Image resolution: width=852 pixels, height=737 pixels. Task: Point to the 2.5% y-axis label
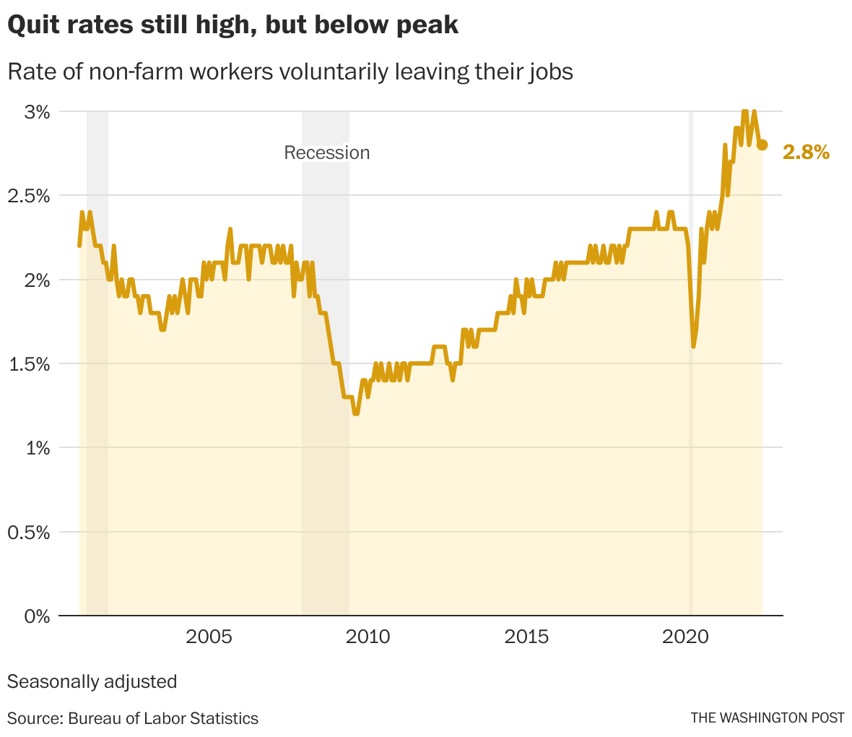pyautogui.click(x=27, y=196)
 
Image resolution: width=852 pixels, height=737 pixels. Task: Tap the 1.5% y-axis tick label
pyautogui.click(x=27, y=364)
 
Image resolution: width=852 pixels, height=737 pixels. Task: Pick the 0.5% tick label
pyautogui.click(x=27, y=533)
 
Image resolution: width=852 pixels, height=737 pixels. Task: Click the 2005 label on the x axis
pyautogui.click(x=209, y=637)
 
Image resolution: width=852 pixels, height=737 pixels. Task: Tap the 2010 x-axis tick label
pyautogui.click(x=368, y=637)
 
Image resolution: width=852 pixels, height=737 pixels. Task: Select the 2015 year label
pyautogui.click(x=526, y=637)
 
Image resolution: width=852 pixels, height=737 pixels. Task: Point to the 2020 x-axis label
pyautogui.click(x=686, y=637)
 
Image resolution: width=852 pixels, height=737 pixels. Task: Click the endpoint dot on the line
pyautogui.click(x=762, y=145)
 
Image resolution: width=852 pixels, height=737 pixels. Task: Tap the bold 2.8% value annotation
pyautogui.click(x=806, y=152)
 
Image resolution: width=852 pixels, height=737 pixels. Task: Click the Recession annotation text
pyautogui.click(x=326, y=152)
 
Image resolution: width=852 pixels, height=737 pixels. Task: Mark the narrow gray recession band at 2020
pyautogui.click(x=691, y=434)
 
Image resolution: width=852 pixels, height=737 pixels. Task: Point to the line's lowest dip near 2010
pyautogui.click(x=356, y=413)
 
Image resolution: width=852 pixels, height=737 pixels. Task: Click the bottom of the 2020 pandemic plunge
pyautogui.click(x=693, y=346)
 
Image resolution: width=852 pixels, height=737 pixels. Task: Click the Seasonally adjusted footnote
pyautogui.click(x=92, y=681)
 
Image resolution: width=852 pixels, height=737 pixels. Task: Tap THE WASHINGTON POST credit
pyautogui.click(x=767, y=718)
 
